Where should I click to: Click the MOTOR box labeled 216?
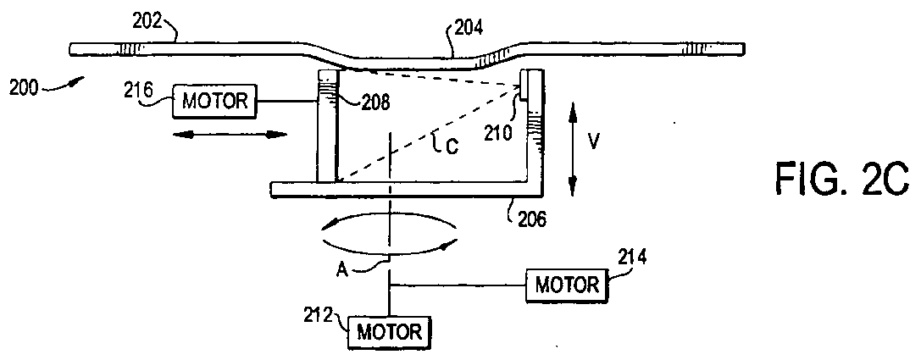(x=214, y=101)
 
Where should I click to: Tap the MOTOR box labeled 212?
(x=390, y=332)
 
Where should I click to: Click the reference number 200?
(x=25, y=88)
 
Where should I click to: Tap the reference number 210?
(x=499, y=133)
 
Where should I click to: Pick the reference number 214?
(x=631, y=256)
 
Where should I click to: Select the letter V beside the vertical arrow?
(x=593, y=141)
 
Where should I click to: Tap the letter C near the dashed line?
(x=452, y=147)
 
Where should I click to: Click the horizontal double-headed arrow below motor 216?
(x=230, y=135)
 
